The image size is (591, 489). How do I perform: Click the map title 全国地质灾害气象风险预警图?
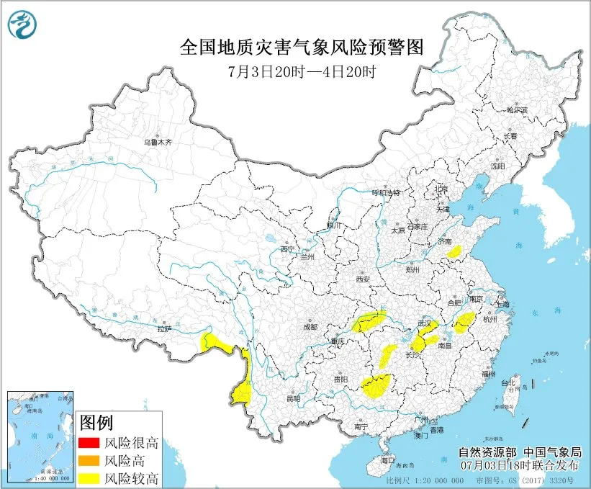301,48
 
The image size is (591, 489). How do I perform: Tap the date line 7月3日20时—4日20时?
302,71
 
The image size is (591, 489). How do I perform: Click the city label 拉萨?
163,328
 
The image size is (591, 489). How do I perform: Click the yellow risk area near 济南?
454,251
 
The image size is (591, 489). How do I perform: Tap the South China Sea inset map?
39,436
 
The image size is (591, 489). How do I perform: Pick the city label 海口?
388,459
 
